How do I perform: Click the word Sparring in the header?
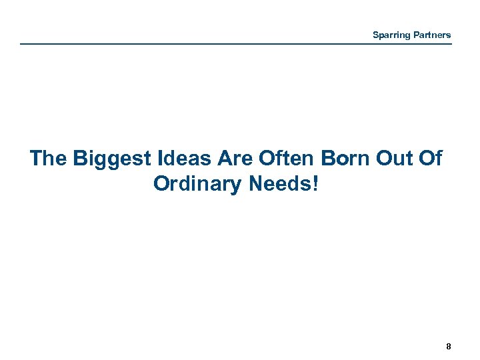tap(391, 35)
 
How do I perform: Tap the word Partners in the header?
tap(431, 35)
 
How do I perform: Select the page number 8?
tap(449, 346)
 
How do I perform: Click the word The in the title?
tap(49, 159)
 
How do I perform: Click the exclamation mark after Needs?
tap(315, 183)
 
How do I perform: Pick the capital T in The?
tap(37, 159)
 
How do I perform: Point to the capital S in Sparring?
tap(375, 35)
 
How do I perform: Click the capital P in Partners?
tap(414, 35)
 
